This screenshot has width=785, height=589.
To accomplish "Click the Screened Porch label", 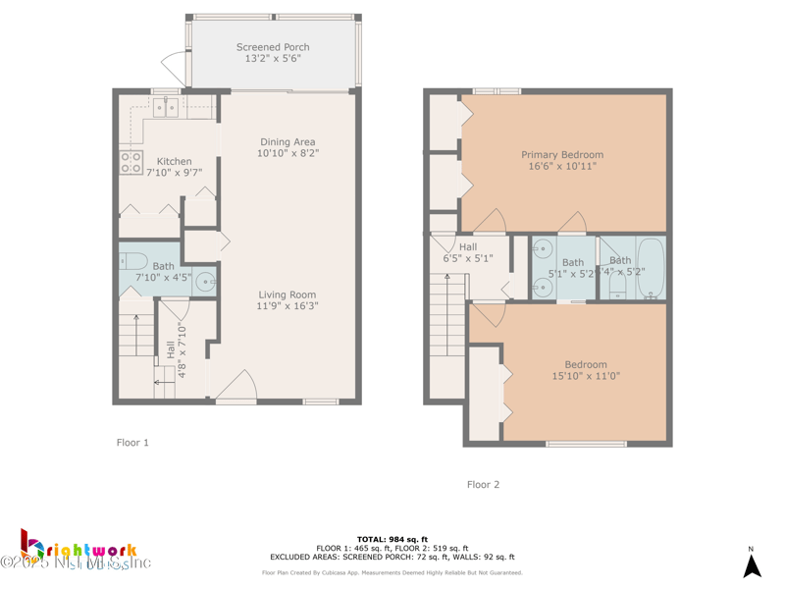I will click(x=273, y=47).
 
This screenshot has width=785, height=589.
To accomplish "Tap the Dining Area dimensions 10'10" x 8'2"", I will click(x=288, y=154).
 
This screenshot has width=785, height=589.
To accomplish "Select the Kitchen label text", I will click(x=175, y=161).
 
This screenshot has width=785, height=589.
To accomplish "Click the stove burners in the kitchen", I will click(x=131, y=162).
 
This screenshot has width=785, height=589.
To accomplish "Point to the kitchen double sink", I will click(x=165, y=108).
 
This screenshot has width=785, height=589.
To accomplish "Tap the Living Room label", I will click(x=288, y=294).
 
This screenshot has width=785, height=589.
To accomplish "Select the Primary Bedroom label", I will click(x=562, y=154).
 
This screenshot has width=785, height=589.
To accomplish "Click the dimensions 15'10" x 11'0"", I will click(x=586, y=376).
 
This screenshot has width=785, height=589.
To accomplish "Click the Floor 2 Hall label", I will click(x=468, y=247).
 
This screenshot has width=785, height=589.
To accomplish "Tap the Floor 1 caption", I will click(x=132, y=443).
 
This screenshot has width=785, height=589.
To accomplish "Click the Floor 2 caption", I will click(x=483, y=484).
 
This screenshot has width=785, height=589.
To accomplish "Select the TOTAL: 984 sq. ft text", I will click(x=392, y=539).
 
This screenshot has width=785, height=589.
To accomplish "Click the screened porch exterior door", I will click(x=175, y=67).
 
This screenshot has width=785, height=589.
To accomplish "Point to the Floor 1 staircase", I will click(x=137, y=339).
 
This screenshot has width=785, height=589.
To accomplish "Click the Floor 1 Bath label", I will click(x=163, y=266).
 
